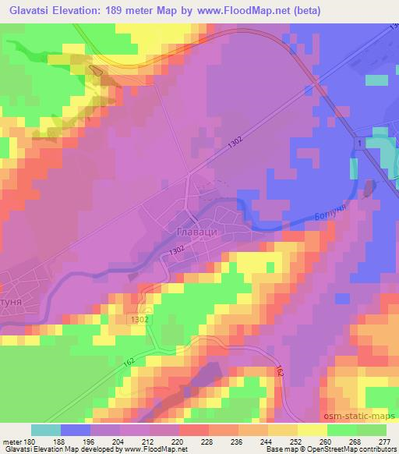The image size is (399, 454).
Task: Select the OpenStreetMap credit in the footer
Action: coord(356,450)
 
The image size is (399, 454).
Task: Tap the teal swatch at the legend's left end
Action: coord(45,430)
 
